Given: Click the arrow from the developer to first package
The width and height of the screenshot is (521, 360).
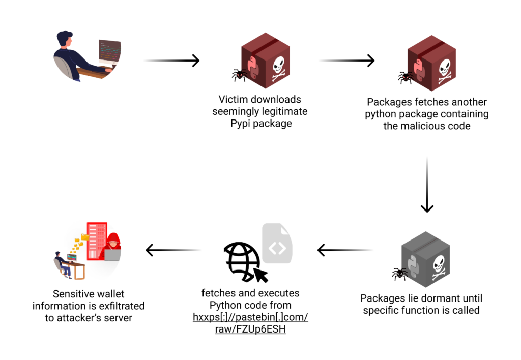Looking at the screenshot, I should pyautogui.click(x=171, y=61).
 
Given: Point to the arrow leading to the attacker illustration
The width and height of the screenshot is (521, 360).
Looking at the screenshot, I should pyautogui.click(x=173, y=250).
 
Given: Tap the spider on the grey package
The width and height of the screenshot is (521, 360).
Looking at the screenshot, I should pyautogui.click(x=399, y=274).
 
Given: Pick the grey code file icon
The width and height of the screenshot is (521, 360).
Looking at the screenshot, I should pyautogui.click(x=277, y=245).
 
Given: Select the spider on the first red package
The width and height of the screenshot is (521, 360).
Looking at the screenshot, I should pyautogui.click(x=240, y=75).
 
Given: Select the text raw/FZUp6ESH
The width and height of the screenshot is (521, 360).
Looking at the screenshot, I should pyautogui.click(x=250, y=329).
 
